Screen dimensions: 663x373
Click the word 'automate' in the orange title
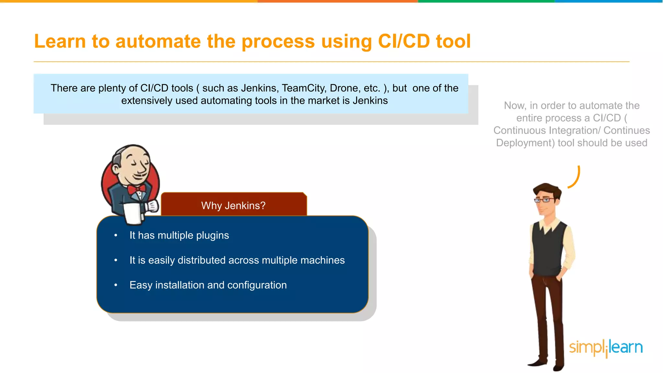pos(158,41)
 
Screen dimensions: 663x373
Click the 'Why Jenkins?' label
pos(233,206)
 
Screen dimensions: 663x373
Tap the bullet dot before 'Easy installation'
pos(116,285)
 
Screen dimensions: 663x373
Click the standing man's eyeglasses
pos(544,200)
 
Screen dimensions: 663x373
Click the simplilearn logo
pos(606,348)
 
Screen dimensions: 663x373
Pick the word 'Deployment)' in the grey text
pos(525,143)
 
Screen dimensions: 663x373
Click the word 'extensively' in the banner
pos(147,101)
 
